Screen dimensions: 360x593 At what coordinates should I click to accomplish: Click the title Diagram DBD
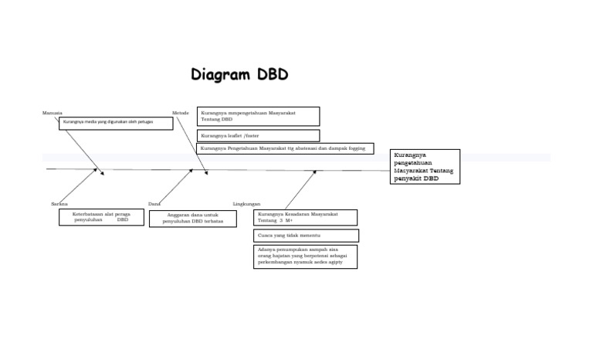(239, 74)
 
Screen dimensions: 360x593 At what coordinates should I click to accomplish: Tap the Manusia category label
(53, 113)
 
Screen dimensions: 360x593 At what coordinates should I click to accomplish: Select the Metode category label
(181, 113)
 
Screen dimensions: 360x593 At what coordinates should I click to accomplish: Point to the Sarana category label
(59, 204)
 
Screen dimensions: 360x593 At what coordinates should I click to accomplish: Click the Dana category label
(154, 204)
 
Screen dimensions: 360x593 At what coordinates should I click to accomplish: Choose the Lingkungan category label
(246, 204)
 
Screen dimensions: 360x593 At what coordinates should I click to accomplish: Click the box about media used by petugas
(116, 123)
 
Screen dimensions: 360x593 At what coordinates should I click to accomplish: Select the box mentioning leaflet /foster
(258, 135)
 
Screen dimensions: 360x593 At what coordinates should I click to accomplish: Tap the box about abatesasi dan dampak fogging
(286, 148)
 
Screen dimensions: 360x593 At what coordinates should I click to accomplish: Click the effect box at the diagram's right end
(425, 166)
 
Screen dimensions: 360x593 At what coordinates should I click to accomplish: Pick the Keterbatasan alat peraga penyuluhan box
(100, 216)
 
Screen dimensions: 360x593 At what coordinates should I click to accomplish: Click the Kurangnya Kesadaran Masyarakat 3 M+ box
(306, 217)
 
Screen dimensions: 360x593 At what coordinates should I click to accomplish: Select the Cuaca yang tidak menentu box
(306, 235)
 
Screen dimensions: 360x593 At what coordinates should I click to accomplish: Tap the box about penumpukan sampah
(306, 256)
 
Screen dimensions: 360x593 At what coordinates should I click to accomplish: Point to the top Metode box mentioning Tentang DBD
(258, 116)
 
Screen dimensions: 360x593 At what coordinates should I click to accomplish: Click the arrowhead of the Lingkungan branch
(314, 172)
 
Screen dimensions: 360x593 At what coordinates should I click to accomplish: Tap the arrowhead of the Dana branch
(191, 172)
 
